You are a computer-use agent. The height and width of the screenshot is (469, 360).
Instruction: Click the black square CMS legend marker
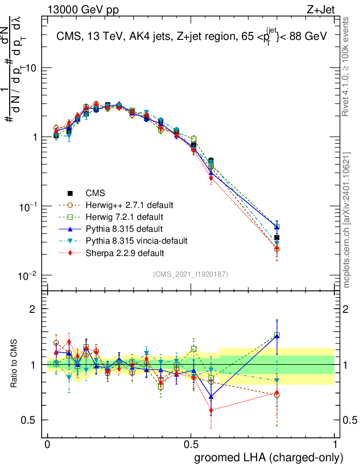[71, 192]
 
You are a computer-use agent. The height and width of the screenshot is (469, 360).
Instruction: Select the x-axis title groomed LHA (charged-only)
[269, 457]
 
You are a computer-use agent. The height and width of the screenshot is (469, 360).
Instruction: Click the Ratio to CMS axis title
[15, 364]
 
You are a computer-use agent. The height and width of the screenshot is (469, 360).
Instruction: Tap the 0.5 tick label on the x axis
[191, 445]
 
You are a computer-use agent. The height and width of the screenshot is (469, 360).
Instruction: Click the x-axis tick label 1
[334, 445]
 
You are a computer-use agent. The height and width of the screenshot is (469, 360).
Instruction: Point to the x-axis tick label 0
[47, 445]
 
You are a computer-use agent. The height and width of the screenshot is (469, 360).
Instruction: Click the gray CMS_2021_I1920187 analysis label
[191, 274]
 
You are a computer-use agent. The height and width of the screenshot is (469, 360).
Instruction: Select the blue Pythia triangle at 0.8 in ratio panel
[277, 336]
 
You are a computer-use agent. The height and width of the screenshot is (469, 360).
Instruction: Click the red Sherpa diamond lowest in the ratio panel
[211, 410]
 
